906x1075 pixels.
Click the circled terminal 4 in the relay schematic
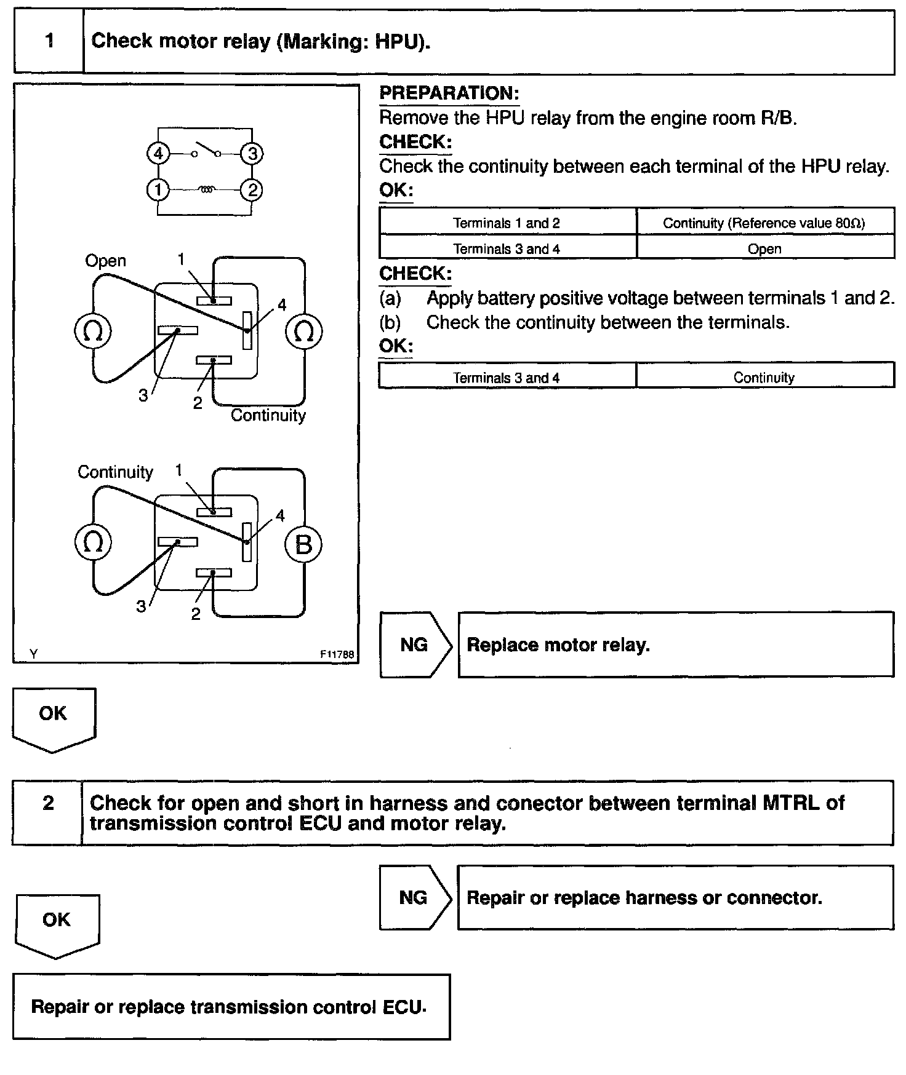point(158,153)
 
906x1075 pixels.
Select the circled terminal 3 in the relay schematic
point(252,153)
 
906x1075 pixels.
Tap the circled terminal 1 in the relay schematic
point(158,190)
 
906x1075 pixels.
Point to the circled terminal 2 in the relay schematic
point(252,190)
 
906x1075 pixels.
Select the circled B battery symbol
point(303,544)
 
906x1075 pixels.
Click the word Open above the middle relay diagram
point(105,261)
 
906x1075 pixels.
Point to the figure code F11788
point(337,655)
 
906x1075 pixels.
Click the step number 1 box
point(49,42)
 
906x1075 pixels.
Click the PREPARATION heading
point(449,93)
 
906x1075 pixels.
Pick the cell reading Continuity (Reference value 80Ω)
point(764,223)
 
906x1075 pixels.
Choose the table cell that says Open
point(764,249)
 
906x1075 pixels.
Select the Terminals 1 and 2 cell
point(507,223)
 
